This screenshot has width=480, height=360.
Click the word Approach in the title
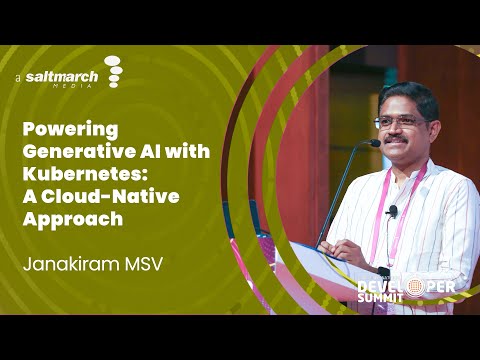coord(72,219)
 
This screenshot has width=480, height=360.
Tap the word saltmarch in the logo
coord(62,76)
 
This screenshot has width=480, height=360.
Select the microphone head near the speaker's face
coord(371,144)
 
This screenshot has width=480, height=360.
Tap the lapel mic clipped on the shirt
coord(393,211)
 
